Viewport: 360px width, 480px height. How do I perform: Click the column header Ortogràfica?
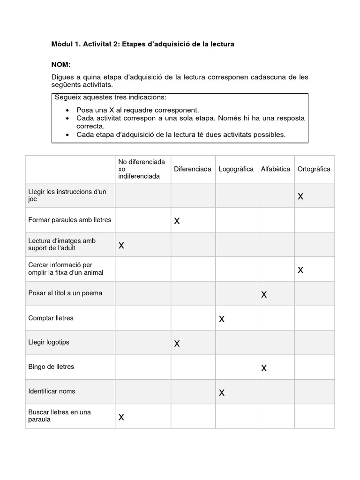pyautogui.click(x=314, y=169)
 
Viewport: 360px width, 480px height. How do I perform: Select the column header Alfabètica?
pyautogui.click(x=275, y=169)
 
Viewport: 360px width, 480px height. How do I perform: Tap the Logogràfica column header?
pyautogui.click(x=236, y=169)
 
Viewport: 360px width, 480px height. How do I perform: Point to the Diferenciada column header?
pyautogui.click(x=192, y=169)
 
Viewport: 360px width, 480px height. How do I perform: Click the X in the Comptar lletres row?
pyautogui.click(x=222, y=319)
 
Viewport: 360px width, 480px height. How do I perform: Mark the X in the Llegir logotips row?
pyautogui.click(x=177, y=344)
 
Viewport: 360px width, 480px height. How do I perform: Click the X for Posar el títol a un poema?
pyautogui.click(x=264, y=295)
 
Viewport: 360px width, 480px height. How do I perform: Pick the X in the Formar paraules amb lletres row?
pyautogui.click(x=177, y=221)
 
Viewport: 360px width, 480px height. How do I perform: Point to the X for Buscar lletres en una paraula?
pyautogui.click(x=121, y=417)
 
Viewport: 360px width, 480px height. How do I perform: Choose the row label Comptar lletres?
pyautogui.click(x=51, y=318)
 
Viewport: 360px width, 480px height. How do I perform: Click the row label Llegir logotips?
pyautogui.click(x=49, y=342)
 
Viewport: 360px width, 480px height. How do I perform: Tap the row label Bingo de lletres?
pyautogui.click(x=51, y=367)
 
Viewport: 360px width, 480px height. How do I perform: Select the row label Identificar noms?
pyautogui.click(x=52, y=391)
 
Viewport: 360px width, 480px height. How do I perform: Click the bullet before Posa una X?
pyautogui.click(x=68, y=110)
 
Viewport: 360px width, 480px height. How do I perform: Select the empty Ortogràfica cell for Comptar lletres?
pyautogui.click(x=314, y=318)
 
